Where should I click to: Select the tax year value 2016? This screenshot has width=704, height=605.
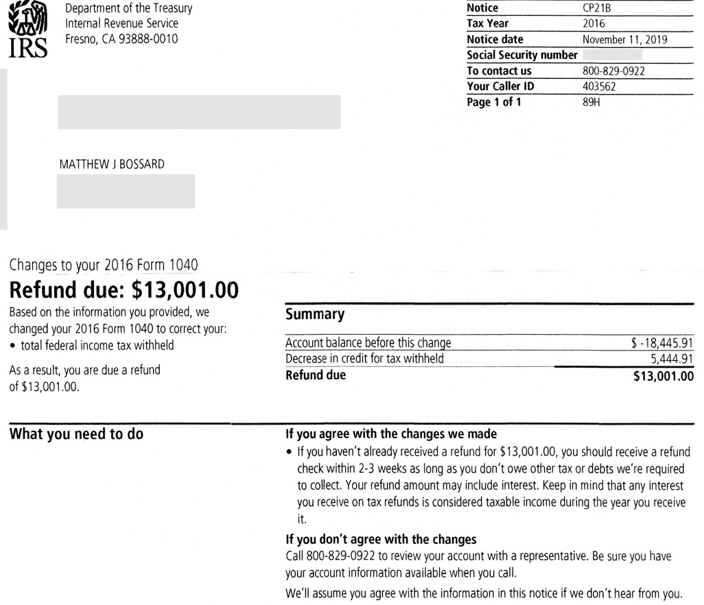coord(594,24)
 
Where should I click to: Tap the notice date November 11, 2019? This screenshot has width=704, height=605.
coord(624,40)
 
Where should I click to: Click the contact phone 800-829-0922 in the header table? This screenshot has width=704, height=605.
coord(613,71)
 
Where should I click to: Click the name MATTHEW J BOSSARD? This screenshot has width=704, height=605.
coord(113,164)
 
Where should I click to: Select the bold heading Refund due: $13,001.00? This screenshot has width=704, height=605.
coord(124,291)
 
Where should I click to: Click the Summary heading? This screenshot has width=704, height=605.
coord(315,314)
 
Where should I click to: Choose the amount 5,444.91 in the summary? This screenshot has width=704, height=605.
coord(672,359)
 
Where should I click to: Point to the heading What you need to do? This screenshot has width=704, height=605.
coord(76,434)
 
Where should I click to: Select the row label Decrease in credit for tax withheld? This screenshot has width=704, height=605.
coord(364,359)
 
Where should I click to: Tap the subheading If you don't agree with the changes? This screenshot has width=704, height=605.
coord(381,538)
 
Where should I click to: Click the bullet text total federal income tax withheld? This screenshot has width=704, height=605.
coord(96,345)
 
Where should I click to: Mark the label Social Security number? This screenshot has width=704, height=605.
coord(521,56)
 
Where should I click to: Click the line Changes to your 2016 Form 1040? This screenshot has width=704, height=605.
coord(104,265)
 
